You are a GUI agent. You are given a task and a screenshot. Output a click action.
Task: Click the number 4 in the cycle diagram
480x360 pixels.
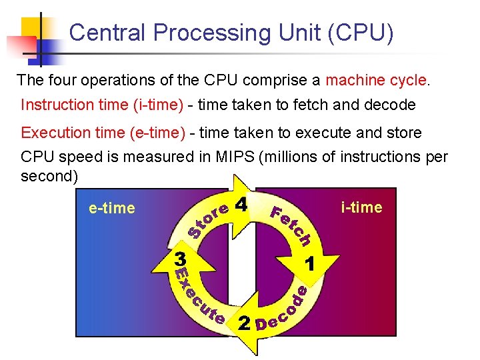[242, 204]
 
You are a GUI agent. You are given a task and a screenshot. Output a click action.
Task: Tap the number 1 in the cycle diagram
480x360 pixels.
[309, 263]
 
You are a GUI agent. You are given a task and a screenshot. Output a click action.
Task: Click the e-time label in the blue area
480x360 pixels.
[111, 208]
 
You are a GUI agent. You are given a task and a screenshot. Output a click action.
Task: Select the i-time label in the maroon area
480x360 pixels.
[361, 207]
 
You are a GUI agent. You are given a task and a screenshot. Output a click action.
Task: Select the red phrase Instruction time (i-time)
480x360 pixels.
[103, 105]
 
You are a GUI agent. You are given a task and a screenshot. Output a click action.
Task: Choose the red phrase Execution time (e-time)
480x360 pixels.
[103, 133]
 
